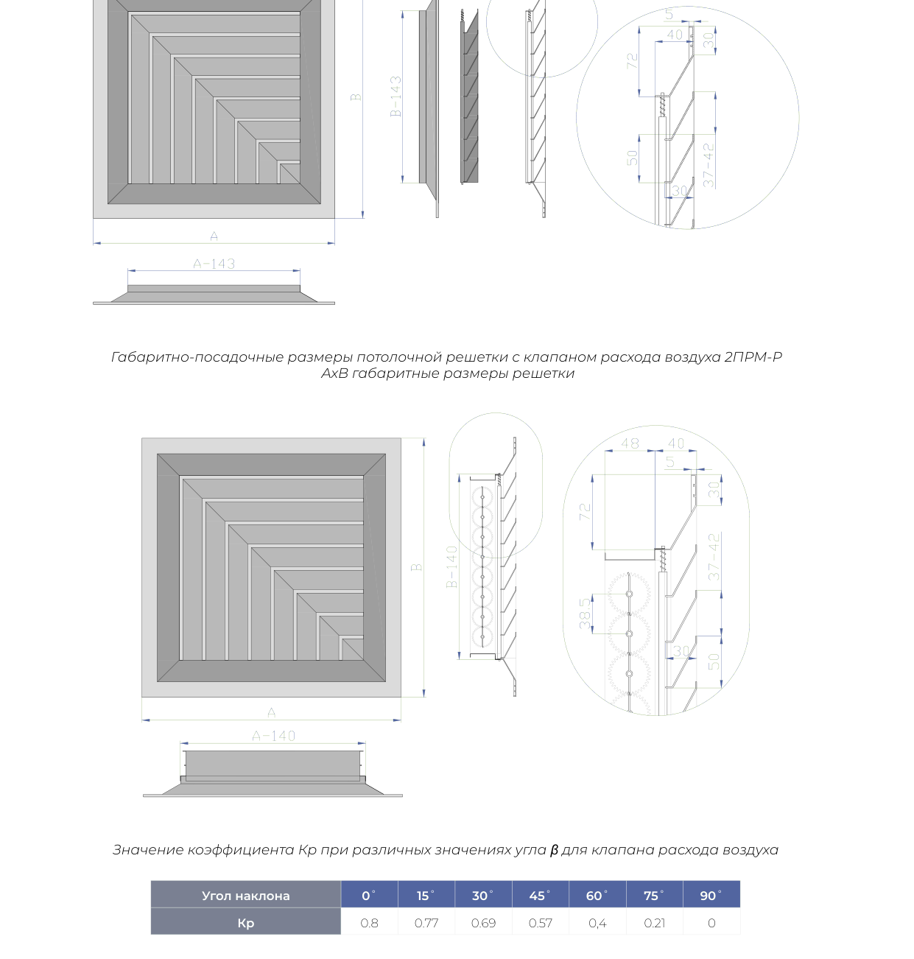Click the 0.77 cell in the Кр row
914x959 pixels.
(x=426, y=923)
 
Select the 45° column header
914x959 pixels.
(x=540, y=896)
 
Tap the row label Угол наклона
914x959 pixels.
(x=245, y=896)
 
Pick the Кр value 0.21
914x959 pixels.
(x=654, y=923)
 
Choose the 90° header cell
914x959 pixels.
(x=711, y=896)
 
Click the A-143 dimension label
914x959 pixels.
(x=214, y=264)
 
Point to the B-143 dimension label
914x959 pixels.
(x=396, y=96)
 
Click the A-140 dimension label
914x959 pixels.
(x=274, y=736)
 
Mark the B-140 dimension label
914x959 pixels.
(x=451, y=566)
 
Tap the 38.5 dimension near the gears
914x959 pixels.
(x=585, y=614)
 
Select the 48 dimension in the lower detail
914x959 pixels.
(x=630, y=443)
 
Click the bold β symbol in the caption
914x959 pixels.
(x=554, y=850)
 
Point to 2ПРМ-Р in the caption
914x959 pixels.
(x=753, y=357)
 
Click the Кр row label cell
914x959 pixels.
(x=245, y=923)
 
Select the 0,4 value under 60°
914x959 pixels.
(x=597, y=923)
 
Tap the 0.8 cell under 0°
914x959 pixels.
(x=369, y=923)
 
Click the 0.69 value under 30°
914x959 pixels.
(x=483, y=923)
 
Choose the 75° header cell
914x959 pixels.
(x=654, y=896)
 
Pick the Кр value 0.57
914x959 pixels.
(x=540, y=923)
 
